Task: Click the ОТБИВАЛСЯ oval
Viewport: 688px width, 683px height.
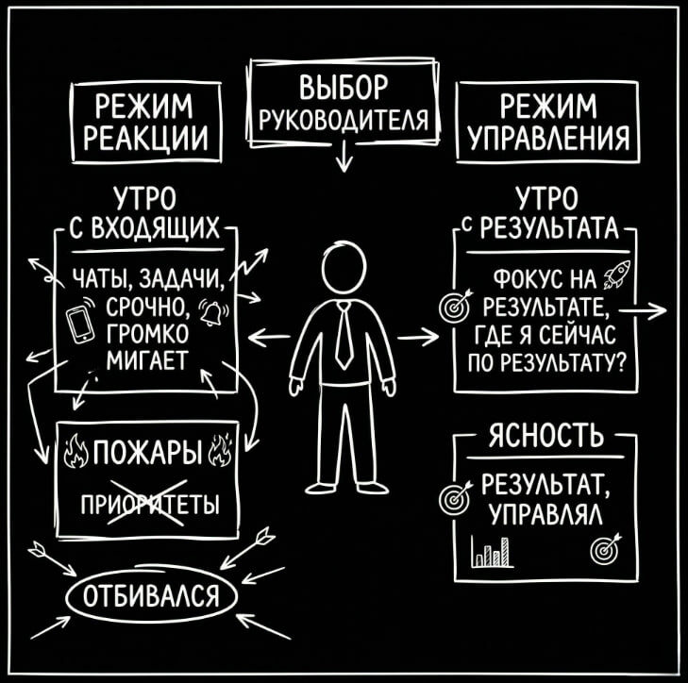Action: pos(151,596)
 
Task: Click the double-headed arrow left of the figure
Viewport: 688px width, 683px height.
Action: pos(270,337)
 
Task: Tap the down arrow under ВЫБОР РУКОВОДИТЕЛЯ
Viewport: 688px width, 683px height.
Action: pos(344,158)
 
